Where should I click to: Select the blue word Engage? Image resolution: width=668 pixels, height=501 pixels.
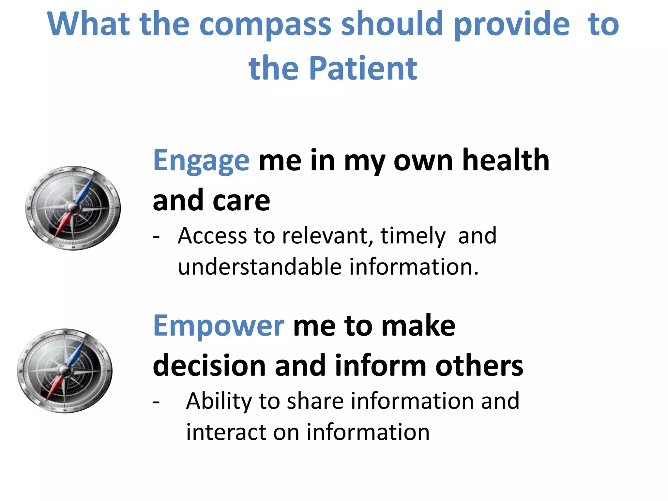pyautogui.click(x=201, y=160)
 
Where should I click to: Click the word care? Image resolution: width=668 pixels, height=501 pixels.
pyautogui.click(x=241, y=201)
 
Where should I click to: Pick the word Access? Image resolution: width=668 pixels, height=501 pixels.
pyautogui.click(x=212, y=235)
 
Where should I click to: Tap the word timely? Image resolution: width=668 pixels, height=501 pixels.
pyautogui.click(x=413, y=236)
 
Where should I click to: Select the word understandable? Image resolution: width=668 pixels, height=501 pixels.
pyautogui.click(x=260, y=267)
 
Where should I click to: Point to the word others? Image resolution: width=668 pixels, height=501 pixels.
pyautogui.click(x=479, y=366)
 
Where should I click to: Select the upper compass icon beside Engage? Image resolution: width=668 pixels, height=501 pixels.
pyautogui.click(x=73, y=208)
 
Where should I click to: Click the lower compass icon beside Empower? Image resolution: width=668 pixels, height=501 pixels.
pyautogui.click(x=65, y=371)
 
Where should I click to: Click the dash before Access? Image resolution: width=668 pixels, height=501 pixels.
pyautogui.click(x=156, y=236)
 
